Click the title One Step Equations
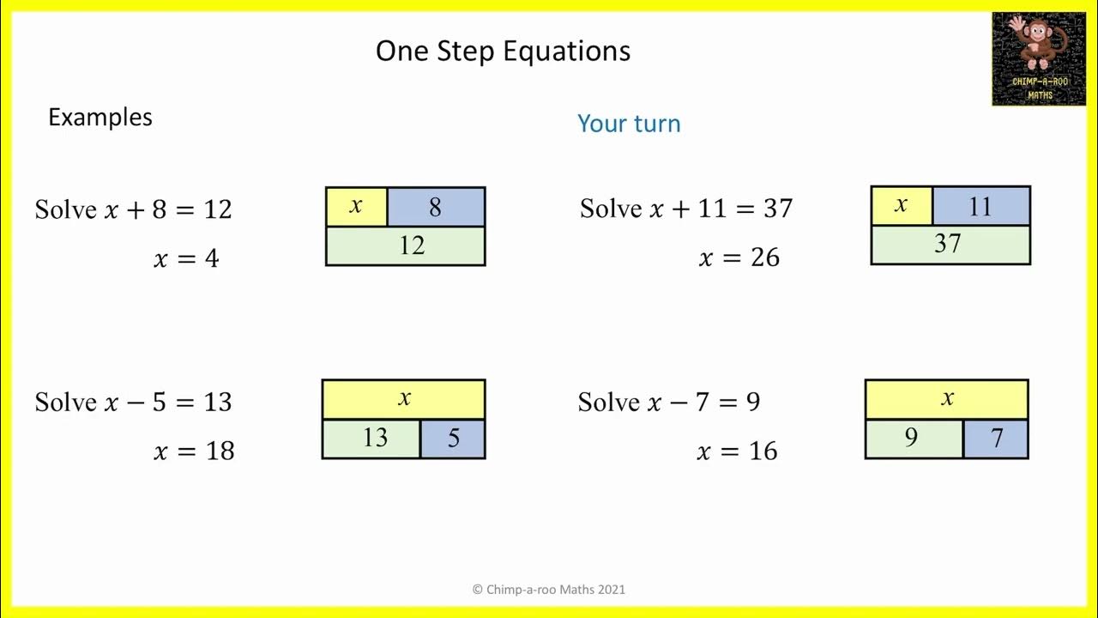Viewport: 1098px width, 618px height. [503, 51]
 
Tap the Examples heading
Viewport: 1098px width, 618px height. [100, 118]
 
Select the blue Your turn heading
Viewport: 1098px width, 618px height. [629, 124]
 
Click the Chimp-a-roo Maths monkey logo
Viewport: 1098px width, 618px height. [1038, 58]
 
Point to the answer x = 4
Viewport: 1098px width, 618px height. [186, 258]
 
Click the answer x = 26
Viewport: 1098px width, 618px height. [739, 257]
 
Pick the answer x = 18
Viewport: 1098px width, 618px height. [194, 451]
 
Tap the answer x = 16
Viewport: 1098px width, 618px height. [737, 451]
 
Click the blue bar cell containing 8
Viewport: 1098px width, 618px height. [436, 207]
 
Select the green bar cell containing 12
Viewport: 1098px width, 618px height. [406, 246]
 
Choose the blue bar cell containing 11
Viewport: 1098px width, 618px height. [980, 207]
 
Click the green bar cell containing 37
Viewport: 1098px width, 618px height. [950, 245]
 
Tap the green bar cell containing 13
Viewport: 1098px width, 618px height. [371, 439]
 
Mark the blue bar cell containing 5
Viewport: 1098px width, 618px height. [453, 439]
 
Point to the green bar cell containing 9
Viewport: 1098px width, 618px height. [914, 439]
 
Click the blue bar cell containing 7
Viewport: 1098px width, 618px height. [996, 439]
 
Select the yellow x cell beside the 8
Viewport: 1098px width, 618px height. [357, 207]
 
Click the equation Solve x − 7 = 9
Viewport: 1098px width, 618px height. [669, 402]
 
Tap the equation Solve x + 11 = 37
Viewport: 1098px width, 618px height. [686, 209]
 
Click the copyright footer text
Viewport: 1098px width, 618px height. [549, 590]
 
